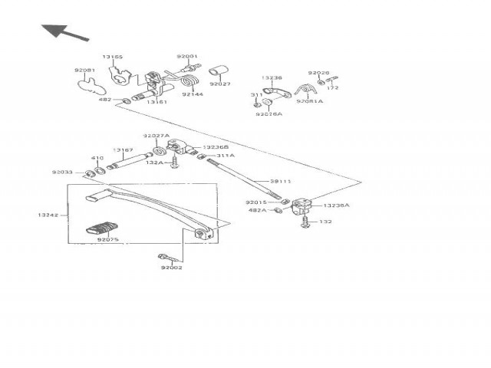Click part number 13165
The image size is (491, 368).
pyautogui.click(x=112, y=57)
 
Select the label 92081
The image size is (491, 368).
pyautogui.click(x=84, y=71)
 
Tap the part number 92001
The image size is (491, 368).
pyautogui.click(x=186, y=57)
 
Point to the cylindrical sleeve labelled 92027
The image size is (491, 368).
pyautogui.click(x=217, y=72)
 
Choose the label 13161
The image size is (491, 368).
pyautogui.click(x=157, y=101)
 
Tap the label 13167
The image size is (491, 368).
pyautogui.click(x=123, y=150)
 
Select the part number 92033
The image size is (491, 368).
pyautogui.click(x=62, y=172)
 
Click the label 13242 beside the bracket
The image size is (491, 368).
pyautogui.click(x=48, y=215)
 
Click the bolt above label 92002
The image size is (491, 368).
pyautogui.click(x=166, y=256)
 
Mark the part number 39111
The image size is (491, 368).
pyautogui.click(x=280, y=182)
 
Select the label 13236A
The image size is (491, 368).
pyautogui.click(x=336, y=205)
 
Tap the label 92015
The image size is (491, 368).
pyautogui.click(x=255, y=202)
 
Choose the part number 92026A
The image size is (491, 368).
pyautogui.click(x=269, y=113)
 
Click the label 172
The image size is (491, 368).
pyautogui.click(x=333, y=88)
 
